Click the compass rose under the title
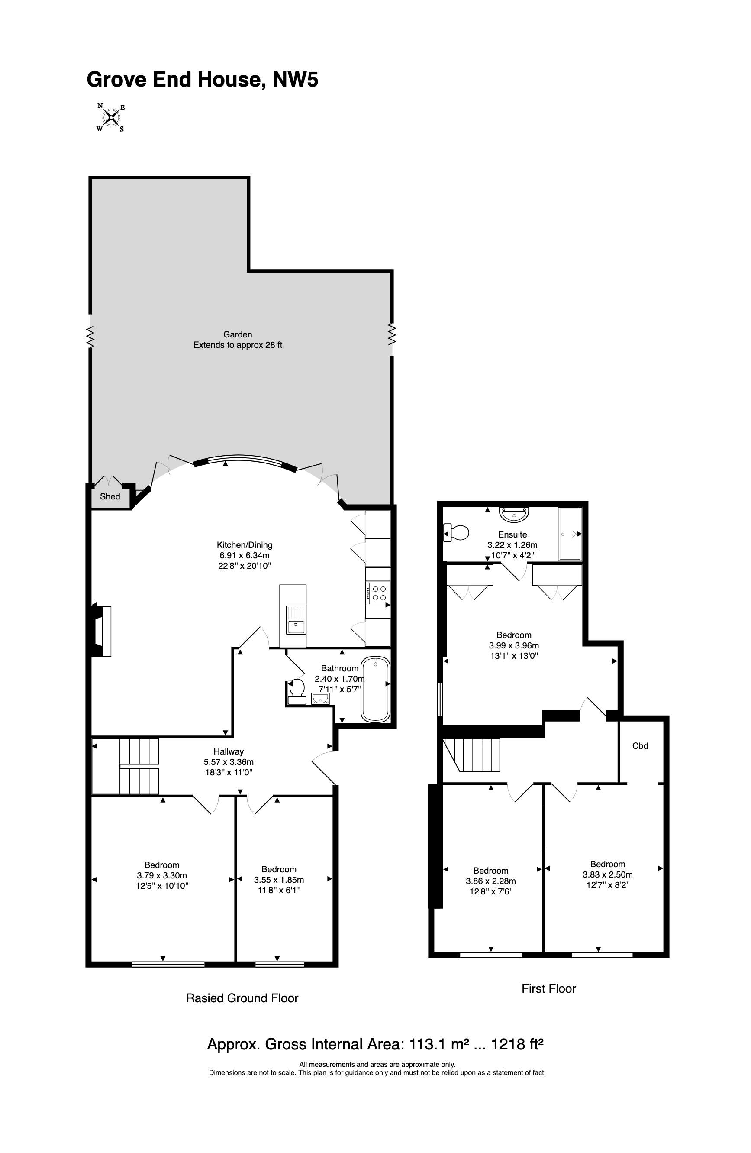[x=111, y=117]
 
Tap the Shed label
[x=110, y=496]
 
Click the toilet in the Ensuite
[x=456, y=533]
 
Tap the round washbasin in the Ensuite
[x=514, y=514]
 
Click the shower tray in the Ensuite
[x=570, y=534]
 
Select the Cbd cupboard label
[x=640, y=745]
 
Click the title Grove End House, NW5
[x=203, y=79]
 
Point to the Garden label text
[x=237, y=334]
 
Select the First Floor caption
[x=548, y=988]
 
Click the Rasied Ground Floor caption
[x=242, y=998]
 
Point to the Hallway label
[x=229, y=751]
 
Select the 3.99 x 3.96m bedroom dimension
[x=514, y=645]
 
